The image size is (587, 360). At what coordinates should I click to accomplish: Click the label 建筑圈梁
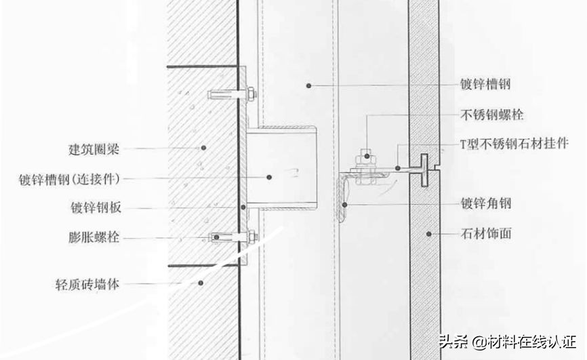click(94, 149)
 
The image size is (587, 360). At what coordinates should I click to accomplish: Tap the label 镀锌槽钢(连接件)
click(70, 179)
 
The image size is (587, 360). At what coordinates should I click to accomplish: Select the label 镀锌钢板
click(96, 207)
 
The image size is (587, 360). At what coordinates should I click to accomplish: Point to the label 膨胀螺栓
click(94, 237)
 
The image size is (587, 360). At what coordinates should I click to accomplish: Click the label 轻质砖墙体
click(87, 284)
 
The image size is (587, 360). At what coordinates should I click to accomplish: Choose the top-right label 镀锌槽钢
click(485, 84)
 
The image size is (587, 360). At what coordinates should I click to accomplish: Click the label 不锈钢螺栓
click(491, 115)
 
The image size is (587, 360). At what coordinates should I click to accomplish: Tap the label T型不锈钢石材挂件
click(514, 144)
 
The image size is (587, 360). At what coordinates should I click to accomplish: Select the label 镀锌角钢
click(485, 203)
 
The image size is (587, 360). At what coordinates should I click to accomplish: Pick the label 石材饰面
click(485, 234)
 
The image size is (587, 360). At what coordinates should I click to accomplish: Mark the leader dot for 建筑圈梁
click(203, 148)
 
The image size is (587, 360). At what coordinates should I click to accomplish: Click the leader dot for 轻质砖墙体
click(201, 283)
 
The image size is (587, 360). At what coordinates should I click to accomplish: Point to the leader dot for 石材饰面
click(429, 234)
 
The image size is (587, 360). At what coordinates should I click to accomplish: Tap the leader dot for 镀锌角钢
click(345, 205)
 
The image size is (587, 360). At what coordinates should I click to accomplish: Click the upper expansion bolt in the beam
click(232, 94)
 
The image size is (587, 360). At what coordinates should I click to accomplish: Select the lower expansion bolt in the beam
click(233, 237)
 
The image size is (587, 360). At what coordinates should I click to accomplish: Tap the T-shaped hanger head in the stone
click(424, 170)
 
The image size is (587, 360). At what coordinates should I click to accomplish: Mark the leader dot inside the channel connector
click(269, 177)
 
